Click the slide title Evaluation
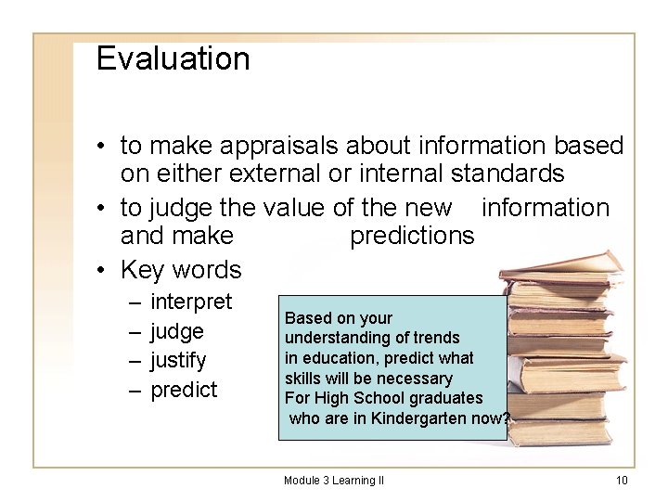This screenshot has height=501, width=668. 173,58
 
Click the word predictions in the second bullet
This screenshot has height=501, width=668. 412,236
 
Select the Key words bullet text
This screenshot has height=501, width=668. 181,270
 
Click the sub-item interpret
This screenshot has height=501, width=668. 191,302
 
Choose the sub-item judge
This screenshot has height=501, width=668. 176,331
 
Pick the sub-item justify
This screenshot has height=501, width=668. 178,360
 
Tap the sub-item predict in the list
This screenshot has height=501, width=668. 184,390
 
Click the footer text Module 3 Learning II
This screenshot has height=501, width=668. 334,480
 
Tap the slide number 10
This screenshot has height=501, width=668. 622,480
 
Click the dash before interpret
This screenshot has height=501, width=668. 135,302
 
